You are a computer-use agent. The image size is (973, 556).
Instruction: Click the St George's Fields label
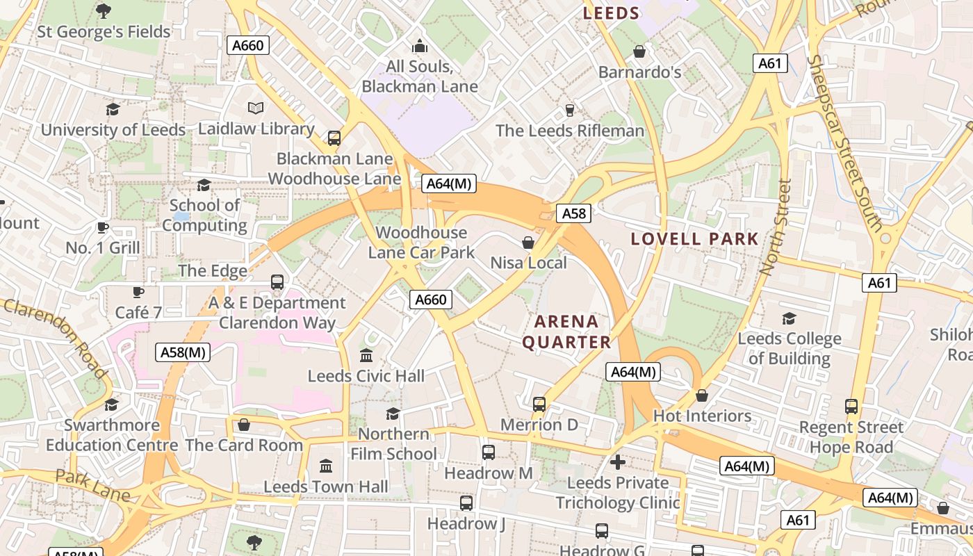click(x=104, y=32)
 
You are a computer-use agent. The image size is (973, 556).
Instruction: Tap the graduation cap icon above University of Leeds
click(x=113, y=109)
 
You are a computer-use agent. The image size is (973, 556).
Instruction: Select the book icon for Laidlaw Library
click(x=256, y=108)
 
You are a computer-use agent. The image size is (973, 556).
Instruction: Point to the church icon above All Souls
click(x=420, y=47)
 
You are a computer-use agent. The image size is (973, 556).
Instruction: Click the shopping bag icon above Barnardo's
click(x=639, y=52)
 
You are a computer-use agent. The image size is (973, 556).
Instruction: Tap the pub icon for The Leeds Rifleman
click(x=570, y=110)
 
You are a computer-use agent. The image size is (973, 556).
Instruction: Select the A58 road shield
click(x=573, y=213)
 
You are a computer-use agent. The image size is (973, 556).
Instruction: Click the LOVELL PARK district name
click(x=694, y=239)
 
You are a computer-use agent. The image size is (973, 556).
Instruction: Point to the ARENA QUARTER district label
click(x=566, y=332)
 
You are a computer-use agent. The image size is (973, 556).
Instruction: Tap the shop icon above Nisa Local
click(x=528, y=243)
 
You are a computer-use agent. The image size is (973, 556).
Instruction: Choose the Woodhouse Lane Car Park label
click(x=421, y=243)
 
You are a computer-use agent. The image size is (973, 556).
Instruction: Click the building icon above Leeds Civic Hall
click(x=366, y=356)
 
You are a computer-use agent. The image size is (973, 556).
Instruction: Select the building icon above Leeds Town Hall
click(x=325, y=466)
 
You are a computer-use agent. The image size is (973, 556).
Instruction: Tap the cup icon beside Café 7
click(x=138, y=292)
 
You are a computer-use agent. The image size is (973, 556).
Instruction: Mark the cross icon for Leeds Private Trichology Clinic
click(x=617, y=461)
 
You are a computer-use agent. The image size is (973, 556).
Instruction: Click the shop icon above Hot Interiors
click(x=702, y=395)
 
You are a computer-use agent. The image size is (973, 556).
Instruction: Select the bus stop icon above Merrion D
click(x=539, y=404)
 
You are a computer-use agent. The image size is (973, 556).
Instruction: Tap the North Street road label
click(x=777, y=227)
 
